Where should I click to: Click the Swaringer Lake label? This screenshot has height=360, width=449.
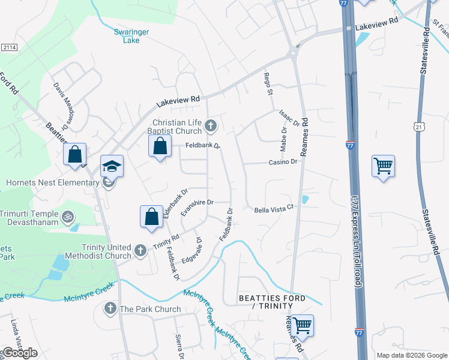127,36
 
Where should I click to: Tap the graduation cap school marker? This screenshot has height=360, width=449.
112,166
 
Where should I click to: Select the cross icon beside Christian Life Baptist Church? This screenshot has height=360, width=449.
210,126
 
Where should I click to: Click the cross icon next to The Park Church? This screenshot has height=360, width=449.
110,309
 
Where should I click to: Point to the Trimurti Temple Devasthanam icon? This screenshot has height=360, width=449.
69,215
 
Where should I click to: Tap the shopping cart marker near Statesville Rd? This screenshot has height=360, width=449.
383,166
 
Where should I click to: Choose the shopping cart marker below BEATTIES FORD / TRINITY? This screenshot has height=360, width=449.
302,325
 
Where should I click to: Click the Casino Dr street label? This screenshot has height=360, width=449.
283,162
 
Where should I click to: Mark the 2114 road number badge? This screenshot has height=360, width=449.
10,47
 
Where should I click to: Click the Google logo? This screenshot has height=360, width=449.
19,353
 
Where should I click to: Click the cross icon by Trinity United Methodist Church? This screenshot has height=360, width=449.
140,250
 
